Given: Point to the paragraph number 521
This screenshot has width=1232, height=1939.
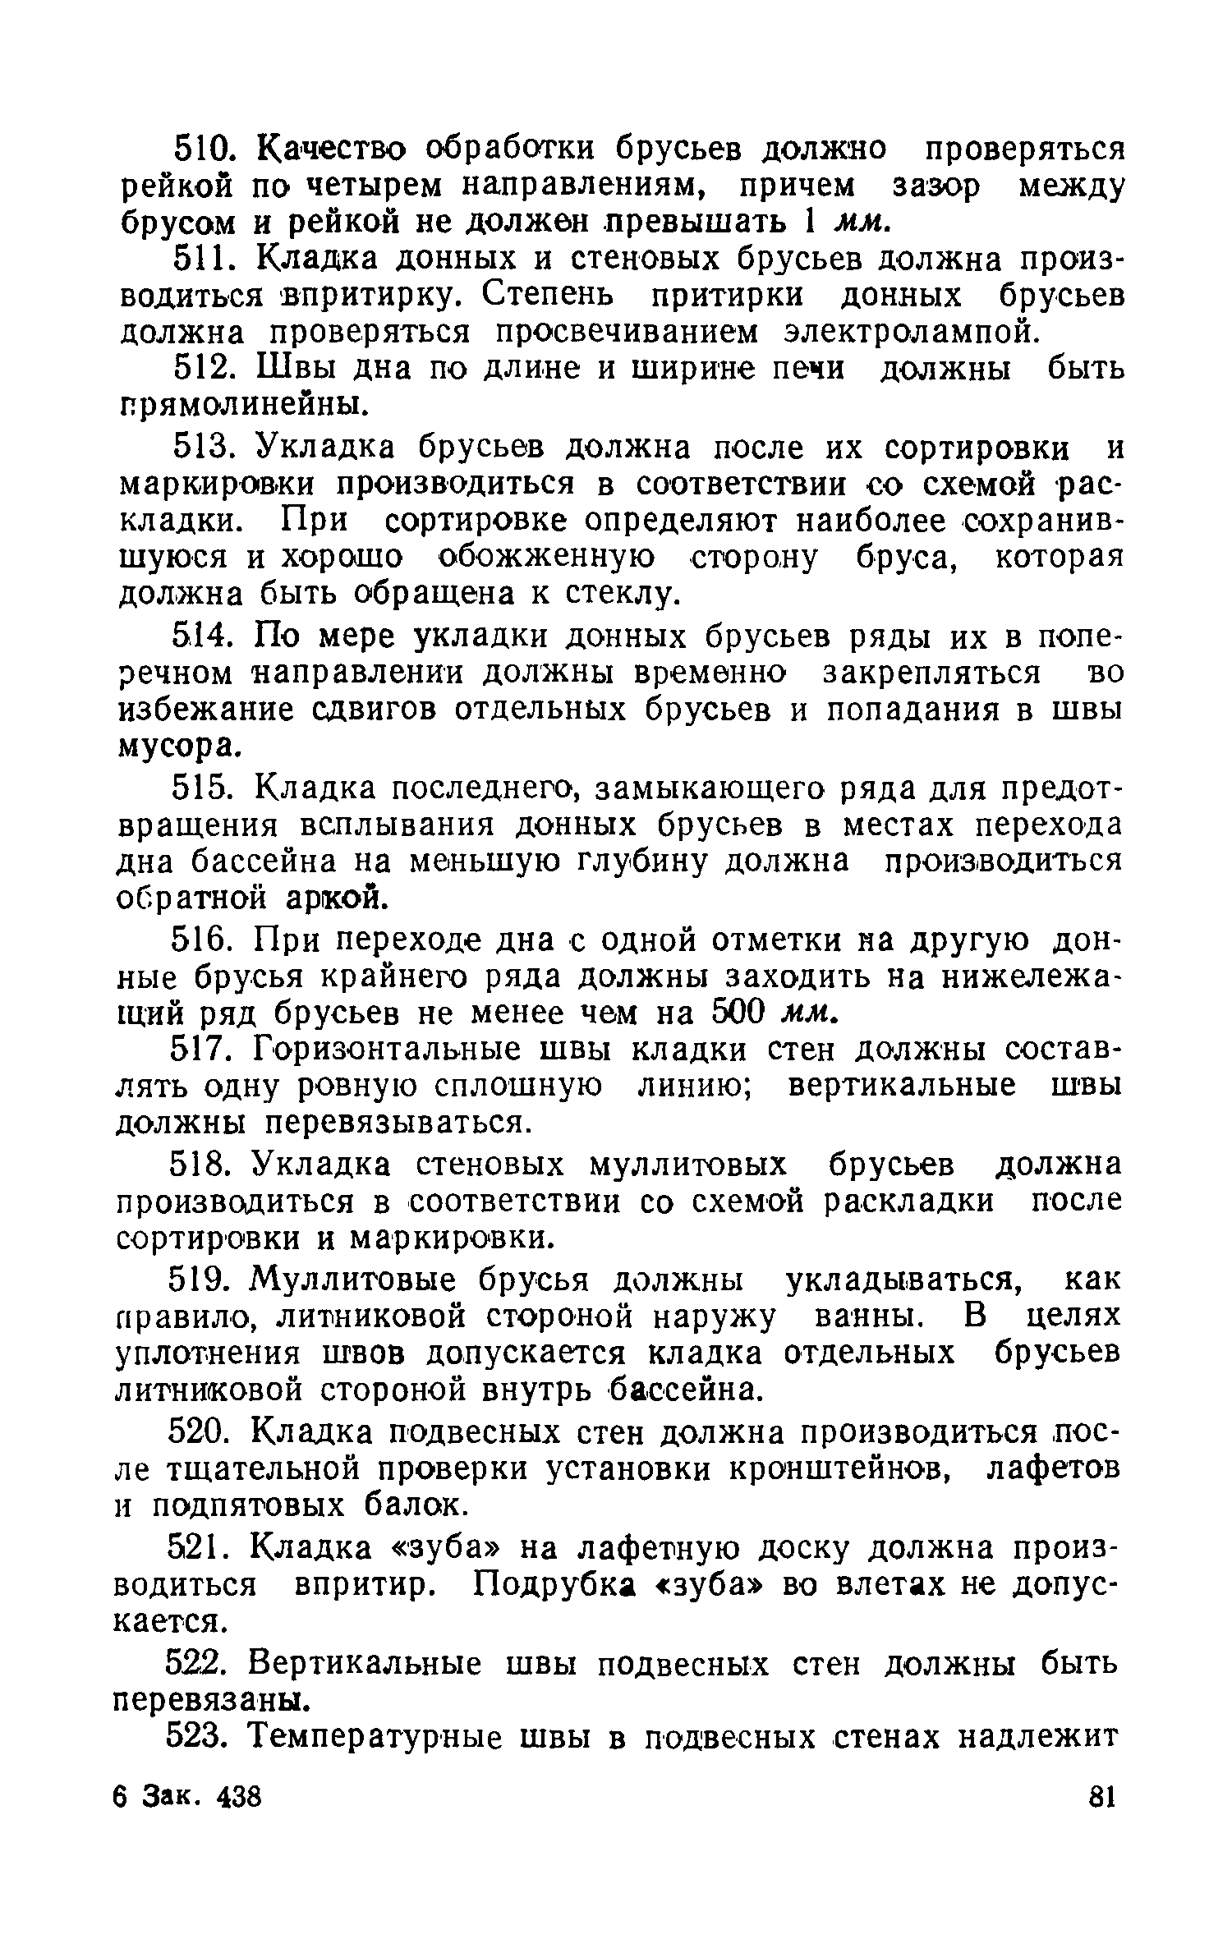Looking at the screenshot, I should (200, 1570).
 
